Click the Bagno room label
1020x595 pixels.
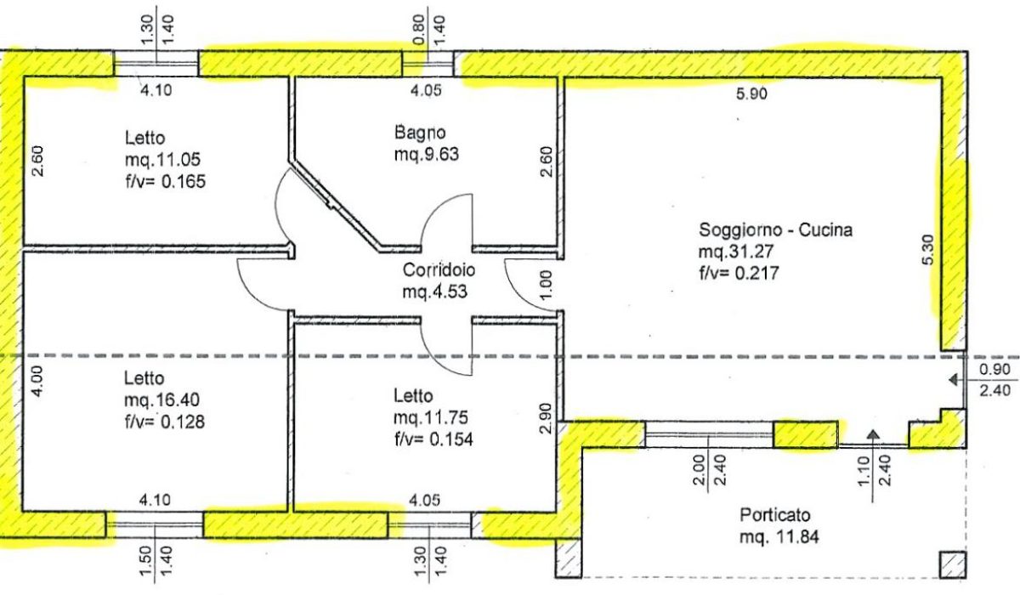[x=420, y=133]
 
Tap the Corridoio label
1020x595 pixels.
[x=439, y=270]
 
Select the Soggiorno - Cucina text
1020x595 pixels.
[x=775, y=229]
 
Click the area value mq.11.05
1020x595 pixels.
[x=162, y=160]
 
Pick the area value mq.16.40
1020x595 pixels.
[x=161, y=400]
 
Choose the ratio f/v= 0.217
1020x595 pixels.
[x=739, y=273]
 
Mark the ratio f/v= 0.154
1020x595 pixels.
[x=433, y=439]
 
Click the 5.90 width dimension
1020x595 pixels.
[x=751, y=93]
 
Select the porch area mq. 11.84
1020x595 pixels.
[x=779, y=537]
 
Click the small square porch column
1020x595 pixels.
[x=953, y=565]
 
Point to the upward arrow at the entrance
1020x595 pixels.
[x=872, y=466]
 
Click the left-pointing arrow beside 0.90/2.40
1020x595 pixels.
[x=957, y=379]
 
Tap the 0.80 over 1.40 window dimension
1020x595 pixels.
[x=428, y=29]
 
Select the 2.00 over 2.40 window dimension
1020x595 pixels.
[x=709, y=470]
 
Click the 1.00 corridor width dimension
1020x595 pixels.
[x=547, y=285]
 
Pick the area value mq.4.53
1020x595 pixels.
[x=435, y=292]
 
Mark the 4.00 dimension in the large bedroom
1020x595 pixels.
[x=37, y=382]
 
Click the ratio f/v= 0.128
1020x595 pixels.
[x=165, y=422]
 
